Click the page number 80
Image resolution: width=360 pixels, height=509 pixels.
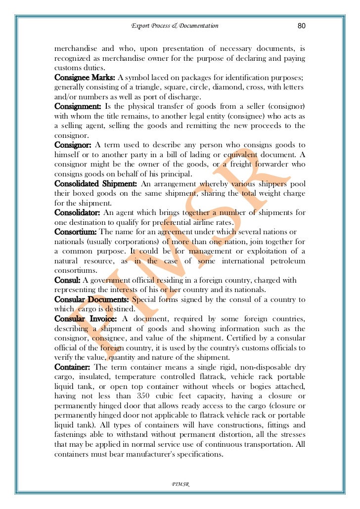pyautogui.click(x=301, y=26)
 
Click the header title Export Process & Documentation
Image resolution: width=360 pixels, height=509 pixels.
pyautogui.click(x=175, y=26)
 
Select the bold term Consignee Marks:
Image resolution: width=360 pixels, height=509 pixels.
pyautogui.click(x=85, y=78)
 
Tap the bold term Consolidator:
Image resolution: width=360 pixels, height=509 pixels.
pyautogui.click(x=78, y=212)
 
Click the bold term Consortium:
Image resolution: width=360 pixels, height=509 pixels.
pyautogui.click(x=76, y=232)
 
